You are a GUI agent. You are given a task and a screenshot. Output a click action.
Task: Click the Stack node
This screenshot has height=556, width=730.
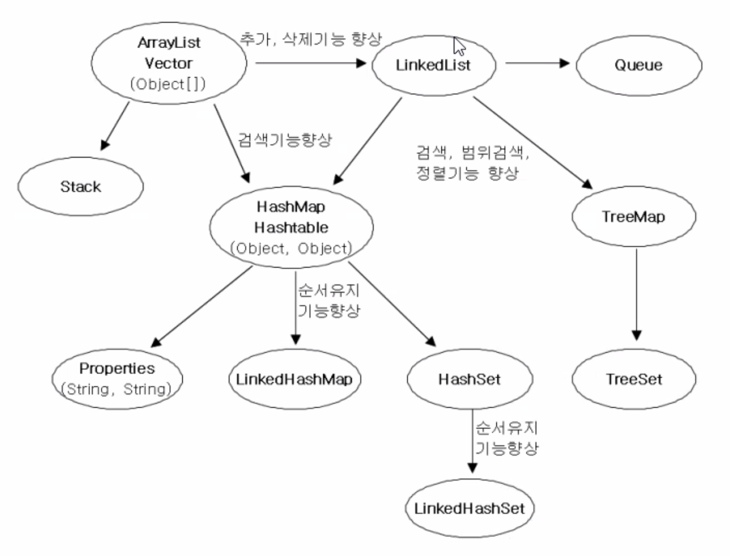click(80, 186)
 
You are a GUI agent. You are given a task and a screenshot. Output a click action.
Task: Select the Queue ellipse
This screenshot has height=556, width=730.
click(639, 64)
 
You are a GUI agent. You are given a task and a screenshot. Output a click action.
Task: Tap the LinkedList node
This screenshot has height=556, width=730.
click(433, 64)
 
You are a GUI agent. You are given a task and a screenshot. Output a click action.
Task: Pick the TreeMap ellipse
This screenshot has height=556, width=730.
click(633, 217)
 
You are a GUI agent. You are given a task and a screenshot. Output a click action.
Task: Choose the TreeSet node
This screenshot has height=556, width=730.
click(633, 379)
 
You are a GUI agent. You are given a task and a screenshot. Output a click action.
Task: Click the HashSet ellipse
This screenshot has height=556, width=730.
click(469, 379)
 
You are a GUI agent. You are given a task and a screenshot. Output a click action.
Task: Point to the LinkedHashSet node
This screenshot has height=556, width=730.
click(469, 509)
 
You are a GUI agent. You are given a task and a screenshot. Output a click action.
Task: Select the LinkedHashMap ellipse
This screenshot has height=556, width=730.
click(294, 379)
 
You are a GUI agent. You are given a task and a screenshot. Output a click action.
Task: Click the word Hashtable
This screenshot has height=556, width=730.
click(291, 227)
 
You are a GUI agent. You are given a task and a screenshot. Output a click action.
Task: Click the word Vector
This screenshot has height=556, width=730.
click(168, 63)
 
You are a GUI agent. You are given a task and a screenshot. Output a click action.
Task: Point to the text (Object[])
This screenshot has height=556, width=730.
click(168, 84)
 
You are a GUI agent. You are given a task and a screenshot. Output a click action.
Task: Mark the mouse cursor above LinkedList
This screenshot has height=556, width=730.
click(459, 46)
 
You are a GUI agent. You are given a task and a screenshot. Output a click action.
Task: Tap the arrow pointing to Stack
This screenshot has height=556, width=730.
click(116, 126)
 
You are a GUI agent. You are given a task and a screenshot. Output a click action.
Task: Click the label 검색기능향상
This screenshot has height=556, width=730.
click(285, 140)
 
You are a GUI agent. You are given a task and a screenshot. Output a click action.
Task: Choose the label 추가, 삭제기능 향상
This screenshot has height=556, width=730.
click(311, 39)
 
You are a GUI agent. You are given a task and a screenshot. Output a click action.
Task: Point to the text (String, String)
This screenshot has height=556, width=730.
click(117, 389)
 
